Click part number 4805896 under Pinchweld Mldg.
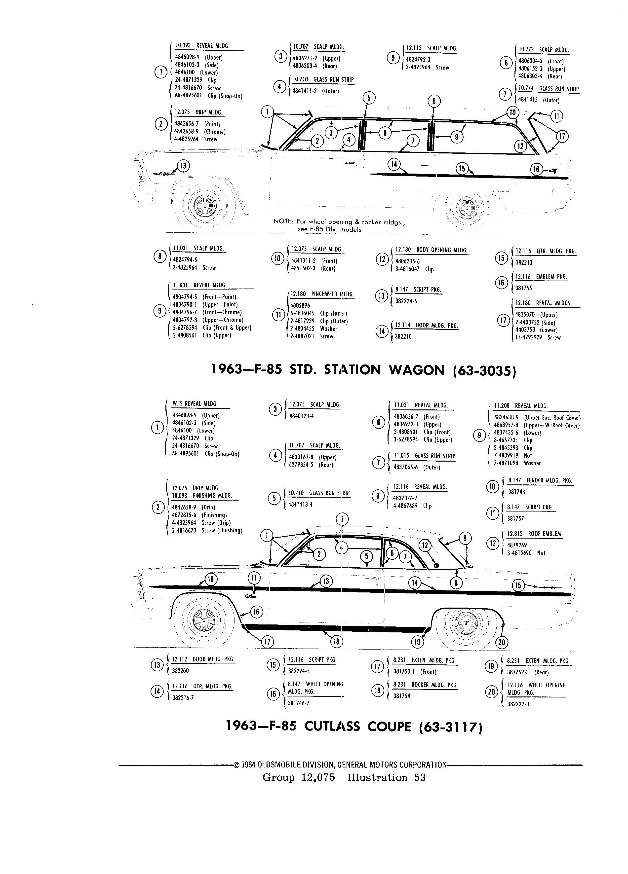point(300,306)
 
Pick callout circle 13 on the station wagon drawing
point(184,166)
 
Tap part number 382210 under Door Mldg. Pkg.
point(403,336)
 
